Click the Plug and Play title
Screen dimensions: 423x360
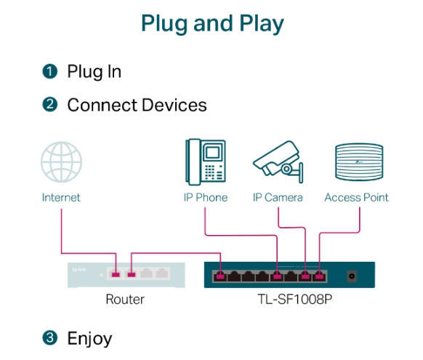pos(212,24)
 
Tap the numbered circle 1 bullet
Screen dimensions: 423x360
pos(50,71)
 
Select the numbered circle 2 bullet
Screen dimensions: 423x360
pos(50,105)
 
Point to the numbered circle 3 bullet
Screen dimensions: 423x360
pos(50,337)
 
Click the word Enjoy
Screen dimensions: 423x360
pos(89,339)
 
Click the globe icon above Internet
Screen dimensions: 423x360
pos(61,162)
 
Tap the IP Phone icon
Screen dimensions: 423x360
pos(206,162)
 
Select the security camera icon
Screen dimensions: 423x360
pos(278,162)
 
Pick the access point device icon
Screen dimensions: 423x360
pos(359,161)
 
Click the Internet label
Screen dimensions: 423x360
pos(61,198)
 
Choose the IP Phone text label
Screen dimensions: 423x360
pos(206,198)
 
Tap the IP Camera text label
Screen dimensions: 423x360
pos(278,198)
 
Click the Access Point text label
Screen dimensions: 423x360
pos(356,198)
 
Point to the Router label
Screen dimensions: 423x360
pos(125,300)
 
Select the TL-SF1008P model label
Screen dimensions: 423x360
pos(294,300)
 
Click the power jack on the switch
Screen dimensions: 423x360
pos(352,276)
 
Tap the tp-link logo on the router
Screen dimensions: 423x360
pos(79,270)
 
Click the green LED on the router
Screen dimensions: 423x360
pos(102,275)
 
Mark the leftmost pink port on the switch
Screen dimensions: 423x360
pos(220,276)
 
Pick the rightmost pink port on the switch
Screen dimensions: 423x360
pos(319,276)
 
